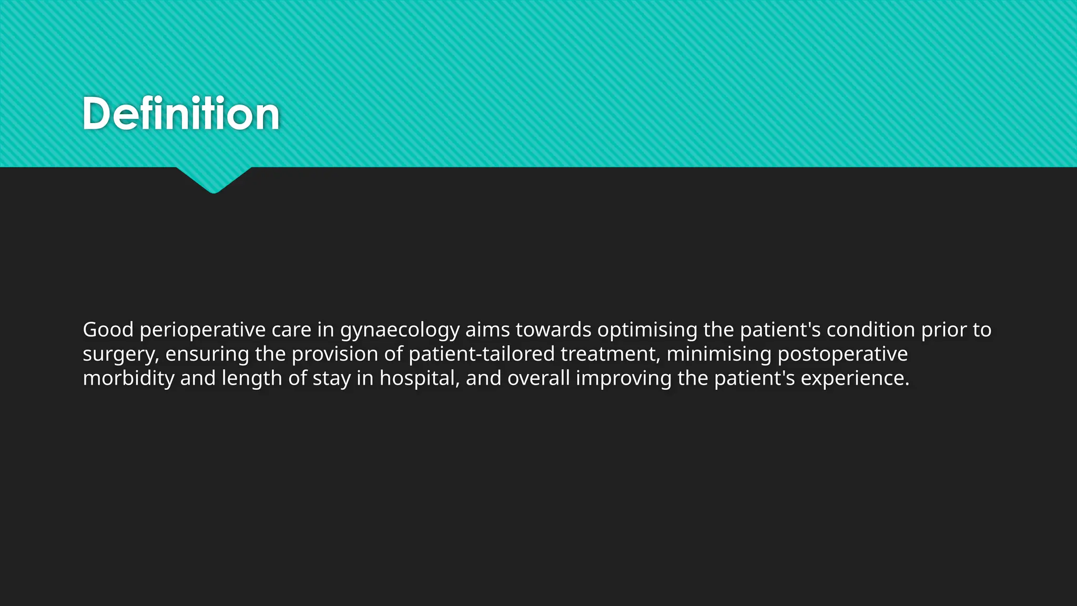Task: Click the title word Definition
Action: (x=181, y=114)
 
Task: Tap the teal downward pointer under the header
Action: (x=214, y=179)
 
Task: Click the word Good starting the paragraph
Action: (x=108, y=330)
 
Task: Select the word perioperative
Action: (x=202, y=330)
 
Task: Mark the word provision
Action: (x=334, y=354)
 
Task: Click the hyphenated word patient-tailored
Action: (x=481, y=354)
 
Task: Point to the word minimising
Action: (x=719, y=354)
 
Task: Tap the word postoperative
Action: (x=842, y=354)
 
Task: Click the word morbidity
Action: (x=129, y=378)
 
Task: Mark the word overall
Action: (x=538, y=378)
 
